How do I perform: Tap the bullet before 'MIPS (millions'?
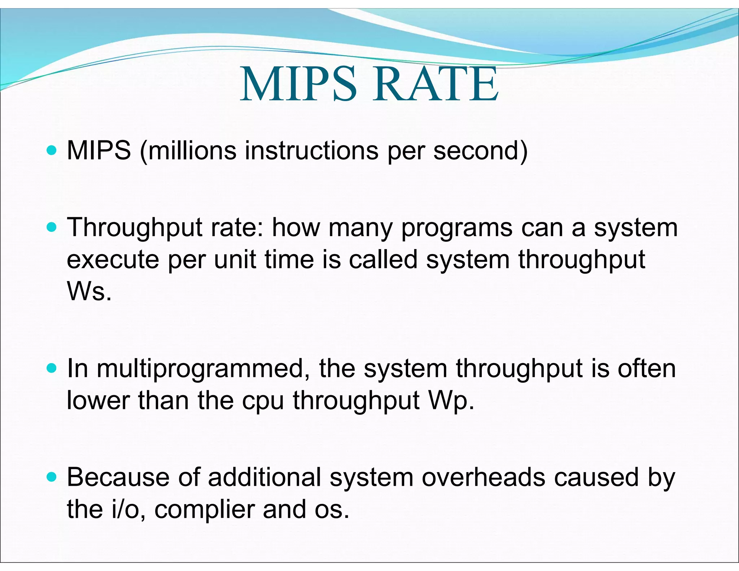coord(52,150)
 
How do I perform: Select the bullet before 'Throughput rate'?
coord(52,227)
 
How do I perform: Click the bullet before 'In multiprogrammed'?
coord(52,369)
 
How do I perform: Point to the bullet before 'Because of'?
coord(52,478)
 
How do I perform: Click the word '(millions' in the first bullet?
coord(188,151)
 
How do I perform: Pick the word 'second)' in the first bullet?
coord(480,151)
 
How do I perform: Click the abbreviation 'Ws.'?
coord(89,291)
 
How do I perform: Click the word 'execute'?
coord(113,260)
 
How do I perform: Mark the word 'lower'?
coord(98,401)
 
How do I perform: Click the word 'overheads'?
coord(484,477)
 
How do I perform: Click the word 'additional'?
coord(264,477)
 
